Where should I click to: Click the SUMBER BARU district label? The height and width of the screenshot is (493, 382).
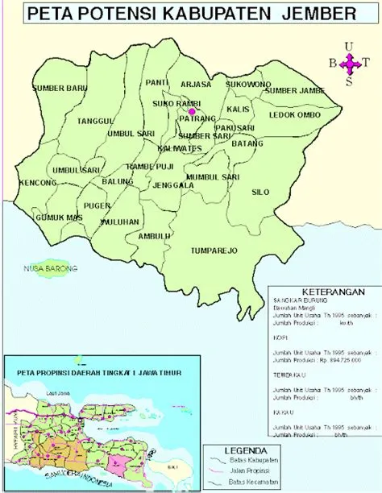coord(60,87)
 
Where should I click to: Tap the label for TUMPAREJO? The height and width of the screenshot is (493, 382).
coord(214,251)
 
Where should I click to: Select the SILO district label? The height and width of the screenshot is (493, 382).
coord(260,193)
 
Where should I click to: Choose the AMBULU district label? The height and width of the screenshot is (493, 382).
coord(155,236)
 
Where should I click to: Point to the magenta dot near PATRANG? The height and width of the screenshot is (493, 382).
coord(192,111)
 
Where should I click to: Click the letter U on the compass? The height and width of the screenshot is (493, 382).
coord(348,46)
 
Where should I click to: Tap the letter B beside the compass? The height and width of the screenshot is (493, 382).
coord(331,64)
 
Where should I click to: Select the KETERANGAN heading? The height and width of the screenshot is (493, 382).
coord(329,291)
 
